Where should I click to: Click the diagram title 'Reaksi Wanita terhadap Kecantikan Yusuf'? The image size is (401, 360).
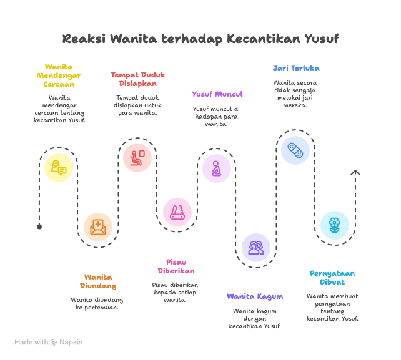point(200,39)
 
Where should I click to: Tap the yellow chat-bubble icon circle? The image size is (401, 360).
point(59,167)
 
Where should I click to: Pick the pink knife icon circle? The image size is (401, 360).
point(177,212)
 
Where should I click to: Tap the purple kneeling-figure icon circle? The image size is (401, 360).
point(216,168)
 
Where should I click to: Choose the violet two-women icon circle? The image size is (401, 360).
point(255,247)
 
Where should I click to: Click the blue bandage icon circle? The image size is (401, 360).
point(295,150)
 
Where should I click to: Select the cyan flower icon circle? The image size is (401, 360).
point(334,225)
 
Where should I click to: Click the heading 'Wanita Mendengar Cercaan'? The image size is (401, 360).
point(59,75)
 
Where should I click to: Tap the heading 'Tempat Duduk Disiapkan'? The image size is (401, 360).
point(137,79)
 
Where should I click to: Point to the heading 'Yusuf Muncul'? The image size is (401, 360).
point(217,94)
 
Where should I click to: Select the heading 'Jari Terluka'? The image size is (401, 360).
point(296,68)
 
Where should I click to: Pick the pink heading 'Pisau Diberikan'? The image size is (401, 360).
point(177,266)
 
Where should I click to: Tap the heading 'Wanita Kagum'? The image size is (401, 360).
point(255,296)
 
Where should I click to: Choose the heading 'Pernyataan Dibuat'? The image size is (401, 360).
point(333,278)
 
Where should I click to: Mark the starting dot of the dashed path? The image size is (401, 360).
point(39,226)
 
